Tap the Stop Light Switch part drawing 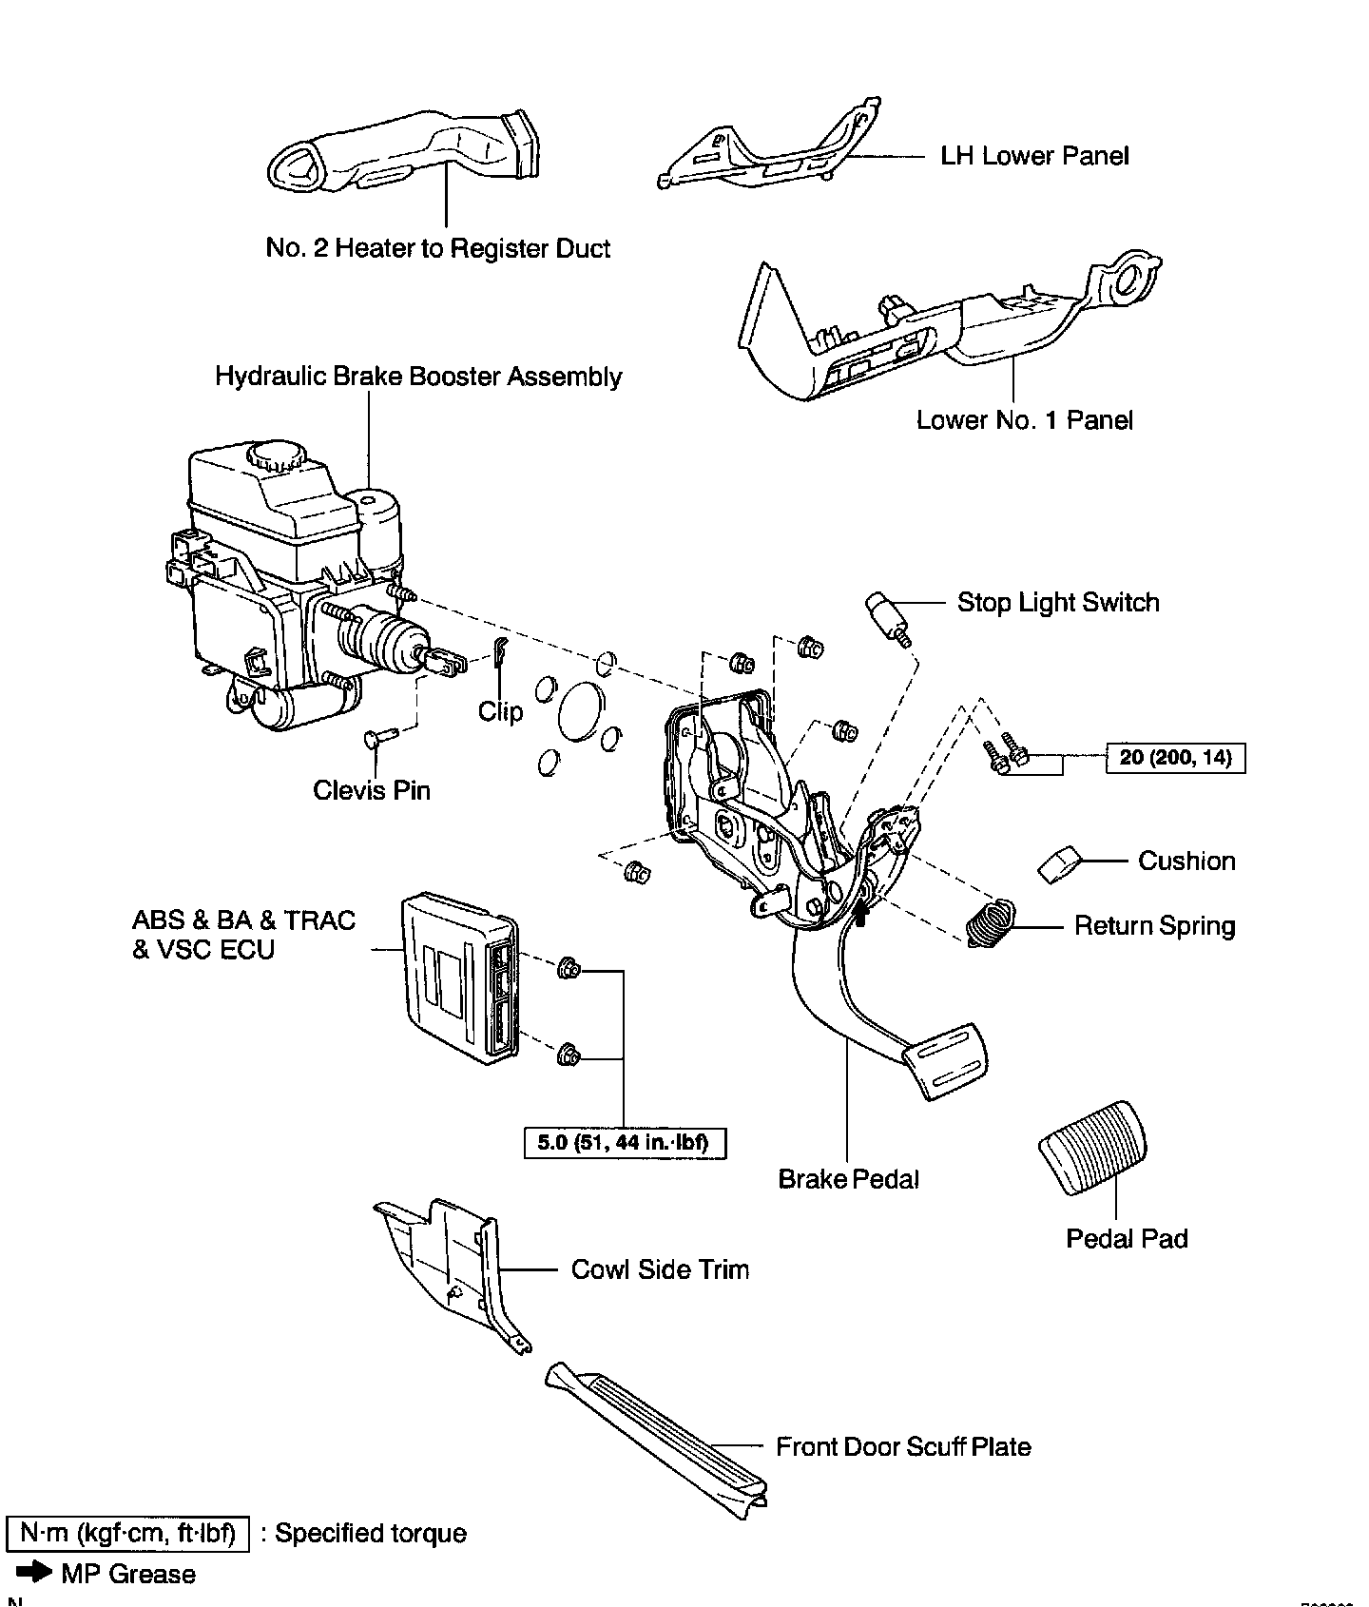(x=886, y=615)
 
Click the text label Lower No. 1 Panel (x=1024, y=420)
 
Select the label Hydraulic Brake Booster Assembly (x=418, y=377)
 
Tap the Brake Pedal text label (x=848, y=1179)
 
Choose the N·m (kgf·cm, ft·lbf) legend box (x=127, y=1534)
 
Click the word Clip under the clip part (x=500, y=711)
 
